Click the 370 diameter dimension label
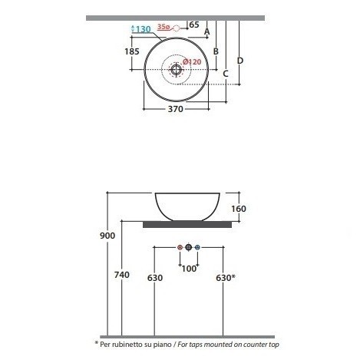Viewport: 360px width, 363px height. pyautogui.click(x=176, y=109)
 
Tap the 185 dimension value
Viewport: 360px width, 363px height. pyautogui.click(x=132, y=51)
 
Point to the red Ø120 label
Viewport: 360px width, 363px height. pyautogui.click(x=192, y=62)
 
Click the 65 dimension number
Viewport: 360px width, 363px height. pyautogui.click(x=194, y=25)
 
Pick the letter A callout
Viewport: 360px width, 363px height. pyautogui.click(x=207, y=31)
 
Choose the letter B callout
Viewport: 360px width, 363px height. pyautogui.click(x=216, y=51)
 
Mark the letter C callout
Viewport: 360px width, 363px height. pyautogui.click(x=226, y=74)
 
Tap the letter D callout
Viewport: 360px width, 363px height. pyautogui.click(x=240, y=61)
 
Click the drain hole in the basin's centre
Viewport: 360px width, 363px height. pyautogui.click(x=176, y=69)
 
